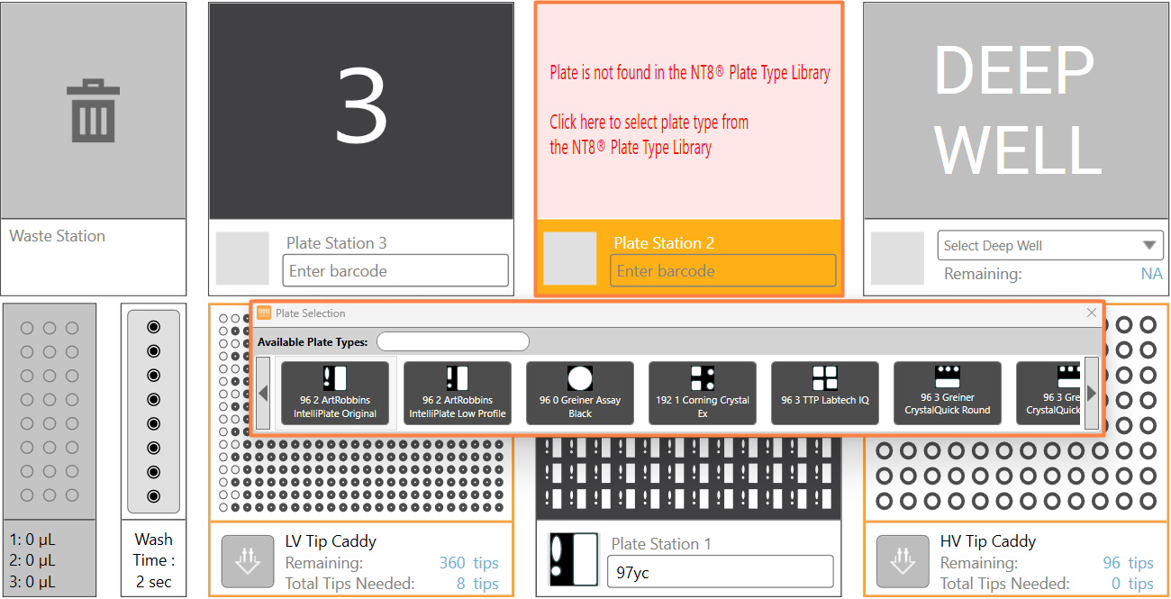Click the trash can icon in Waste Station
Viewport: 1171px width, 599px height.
pos(93,111)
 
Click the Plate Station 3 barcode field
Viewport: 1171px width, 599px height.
pos(395,270)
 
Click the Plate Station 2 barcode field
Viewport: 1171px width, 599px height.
pos(722,270)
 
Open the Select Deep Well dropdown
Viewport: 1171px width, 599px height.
pos(1049,245)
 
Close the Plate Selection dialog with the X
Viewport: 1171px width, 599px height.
pos(1092,313)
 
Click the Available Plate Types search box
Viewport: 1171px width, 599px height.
pos(453,342)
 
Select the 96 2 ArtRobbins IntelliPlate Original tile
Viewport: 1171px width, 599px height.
pos(335,393)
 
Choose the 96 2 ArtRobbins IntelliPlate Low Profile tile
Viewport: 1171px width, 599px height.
pos(458,393)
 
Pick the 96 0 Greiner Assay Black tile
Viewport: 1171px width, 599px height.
pos(580,393)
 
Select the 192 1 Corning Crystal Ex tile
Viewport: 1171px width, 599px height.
pos(703,393)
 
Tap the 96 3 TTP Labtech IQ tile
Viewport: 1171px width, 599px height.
pos(825,393)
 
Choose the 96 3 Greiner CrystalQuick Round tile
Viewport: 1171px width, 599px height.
pos(948,393)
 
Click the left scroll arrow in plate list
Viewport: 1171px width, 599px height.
pos(263,393)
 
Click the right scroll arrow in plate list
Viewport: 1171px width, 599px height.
pos(1092,393)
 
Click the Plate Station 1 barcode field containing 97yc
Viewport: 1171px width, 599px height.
pos(720,572)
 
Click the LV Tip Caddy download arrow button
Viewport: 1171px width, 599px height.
pos(248,561)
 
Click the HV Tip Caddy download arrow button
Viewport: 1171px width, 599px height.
pos(903,561)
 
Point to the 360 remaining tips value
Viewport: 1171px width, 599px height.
pos(452,562)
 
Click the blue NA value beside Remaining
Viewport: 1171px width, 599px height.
pos(1152,273)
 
